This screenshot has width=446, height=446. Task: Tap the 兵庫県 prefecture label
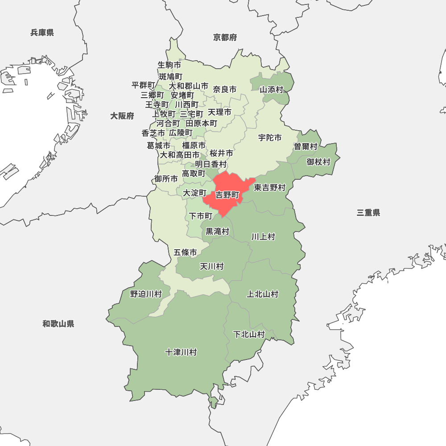pos(42,33)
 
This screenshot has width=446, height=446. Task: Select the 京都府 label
pos(225,37)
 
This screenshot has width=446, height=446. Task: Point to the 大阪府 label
pos(122,116)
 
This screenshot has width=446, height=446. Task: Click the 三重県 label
pos(368,213)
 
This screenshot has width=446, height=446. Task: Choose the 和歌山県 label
pos(58,324)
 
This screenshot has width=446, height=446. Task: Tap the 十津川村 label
pos(181,352)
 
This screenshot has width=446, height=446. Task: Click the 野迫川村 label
pos(146,294)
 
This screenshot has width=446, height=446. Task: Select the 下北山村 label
pos(249,334)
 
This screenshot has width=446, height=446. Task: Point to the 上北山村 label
pos(263,294)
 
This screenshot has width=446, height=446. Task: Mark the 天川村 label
pos(211,266)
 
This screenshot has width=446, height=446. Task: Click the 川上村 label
pos(263,236)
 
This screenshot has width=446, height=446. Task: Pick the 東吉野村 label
pos(270,188)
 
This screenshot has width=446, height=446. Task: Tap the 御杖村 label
pos(318,161)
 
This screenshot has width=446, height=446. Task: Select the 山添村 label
pos(272,90)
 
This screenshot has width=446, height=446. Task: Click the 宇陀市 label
pos(270,138)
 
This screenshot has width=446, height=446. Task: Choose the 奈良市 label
pos(225,90)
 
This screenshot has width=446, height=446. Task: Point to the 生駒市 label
pos(169,65)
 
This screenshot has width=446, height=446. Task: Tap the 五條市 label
pos(185,252)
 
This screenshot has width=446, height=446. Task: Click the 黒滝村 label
pos(217,231)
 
